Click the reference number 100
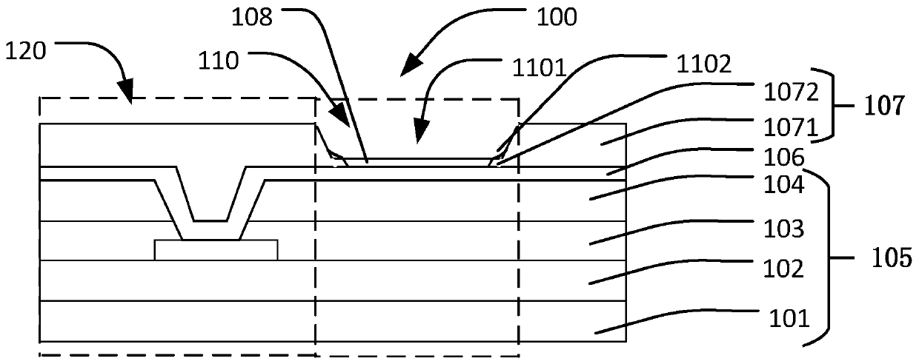[557, 17]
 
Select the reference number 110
[218, 61]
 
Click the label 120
[25, 50]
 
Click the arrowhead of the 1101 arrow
[421, 139]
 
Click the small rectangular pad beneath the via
[216, 249]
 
